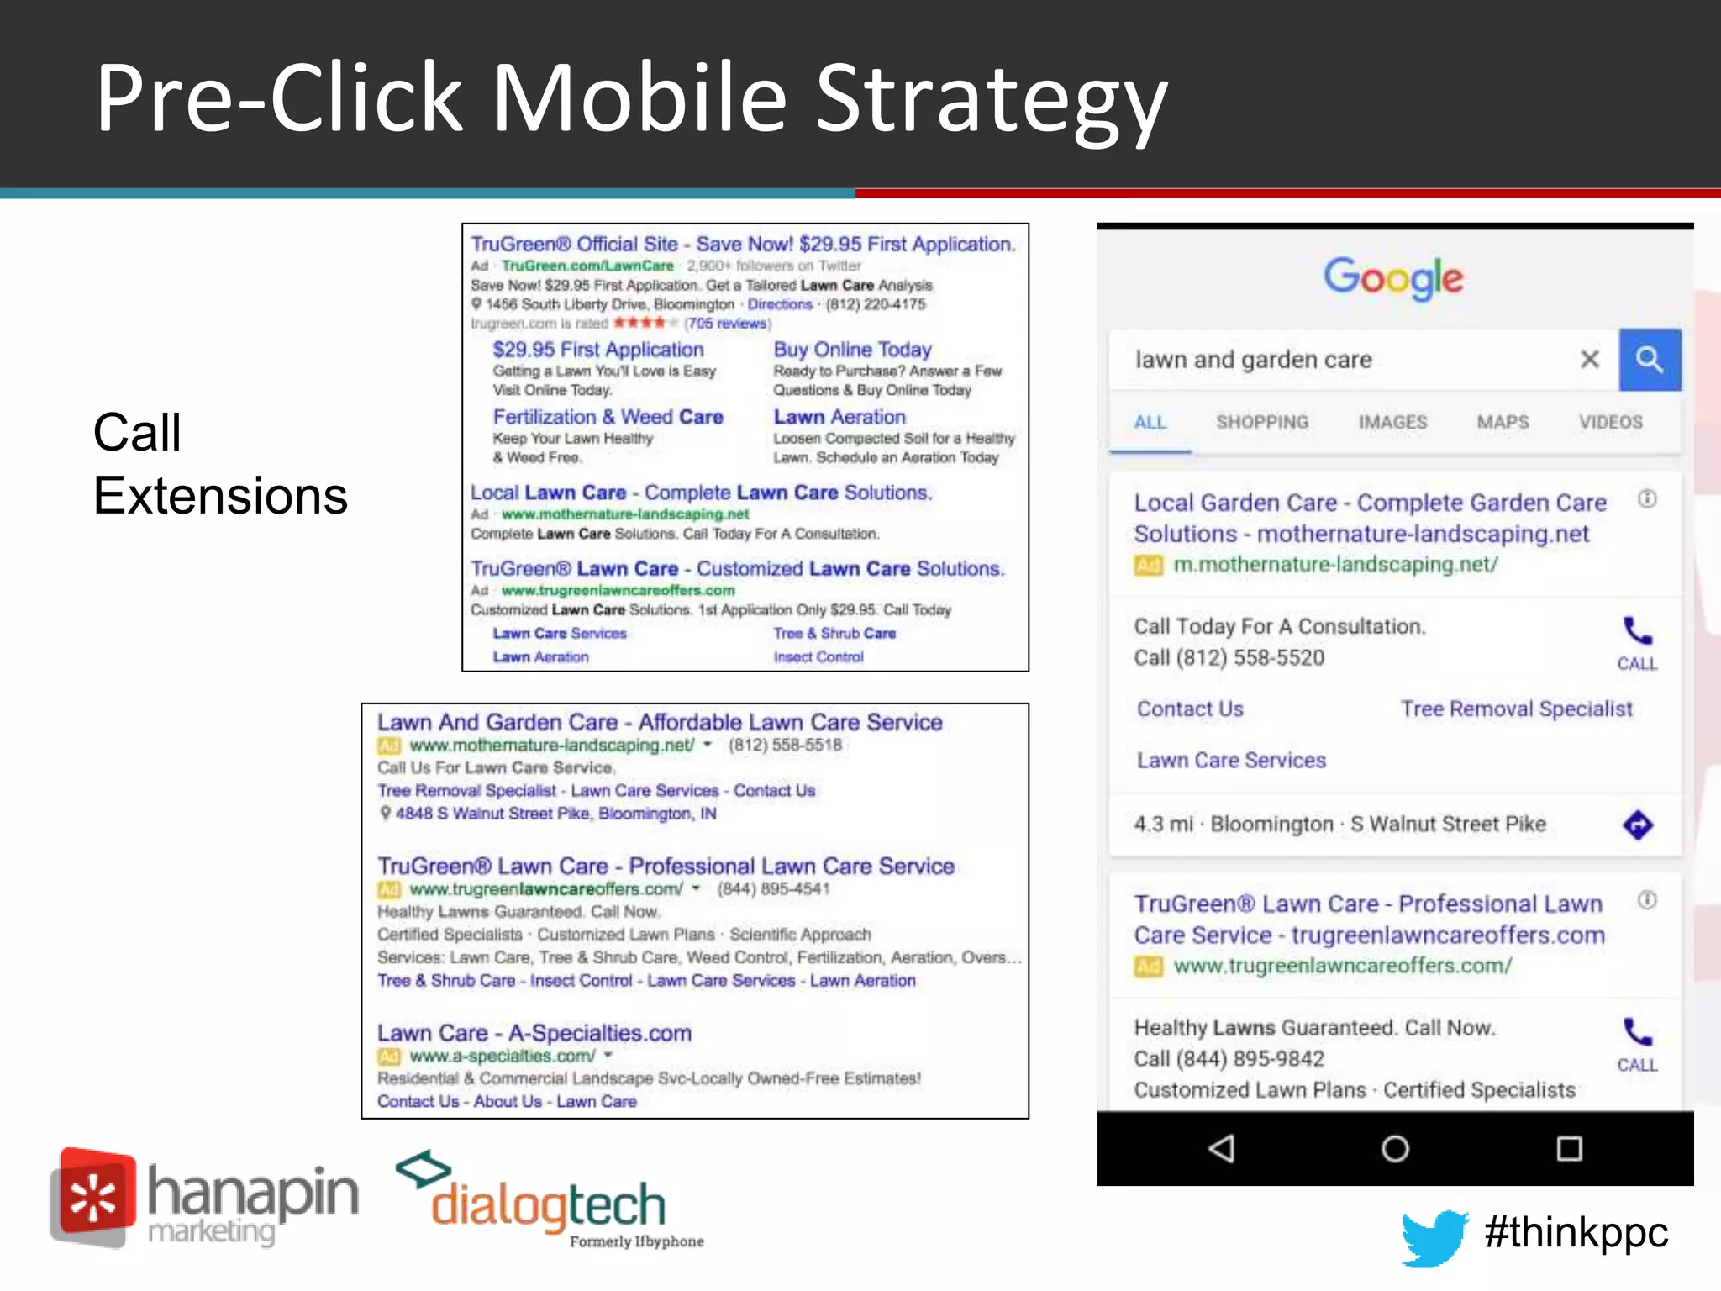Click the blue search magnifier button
coord(1650,360)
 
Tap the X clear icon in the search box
coord(1589,360)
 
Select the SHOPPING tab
coord(1262,422)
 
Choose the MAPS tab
coord(1503,422)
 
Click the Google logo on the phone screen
coord(1393,278)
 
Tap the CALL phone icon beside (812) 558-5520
coord(1637,641)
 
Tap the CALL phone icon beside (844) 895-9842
coord(1637,1043)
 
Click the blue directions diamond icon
coord(1637,825)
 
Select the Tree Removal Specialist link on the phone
coord(1516,709)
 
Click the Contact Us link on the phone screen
coord(1190,709)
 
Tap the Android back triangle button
coord(1222,1148)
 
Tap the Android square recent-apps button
coord(1569,1148)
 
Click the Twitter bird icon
coord(1434,1236)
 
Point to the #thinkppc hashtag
coord(1576,1233)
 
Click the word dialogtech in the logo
coord(548,1206)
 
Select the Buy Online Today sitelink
coord(852,350)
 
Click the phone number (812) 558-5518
coord(785,746)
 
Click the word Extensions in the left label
coord(220,496)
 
